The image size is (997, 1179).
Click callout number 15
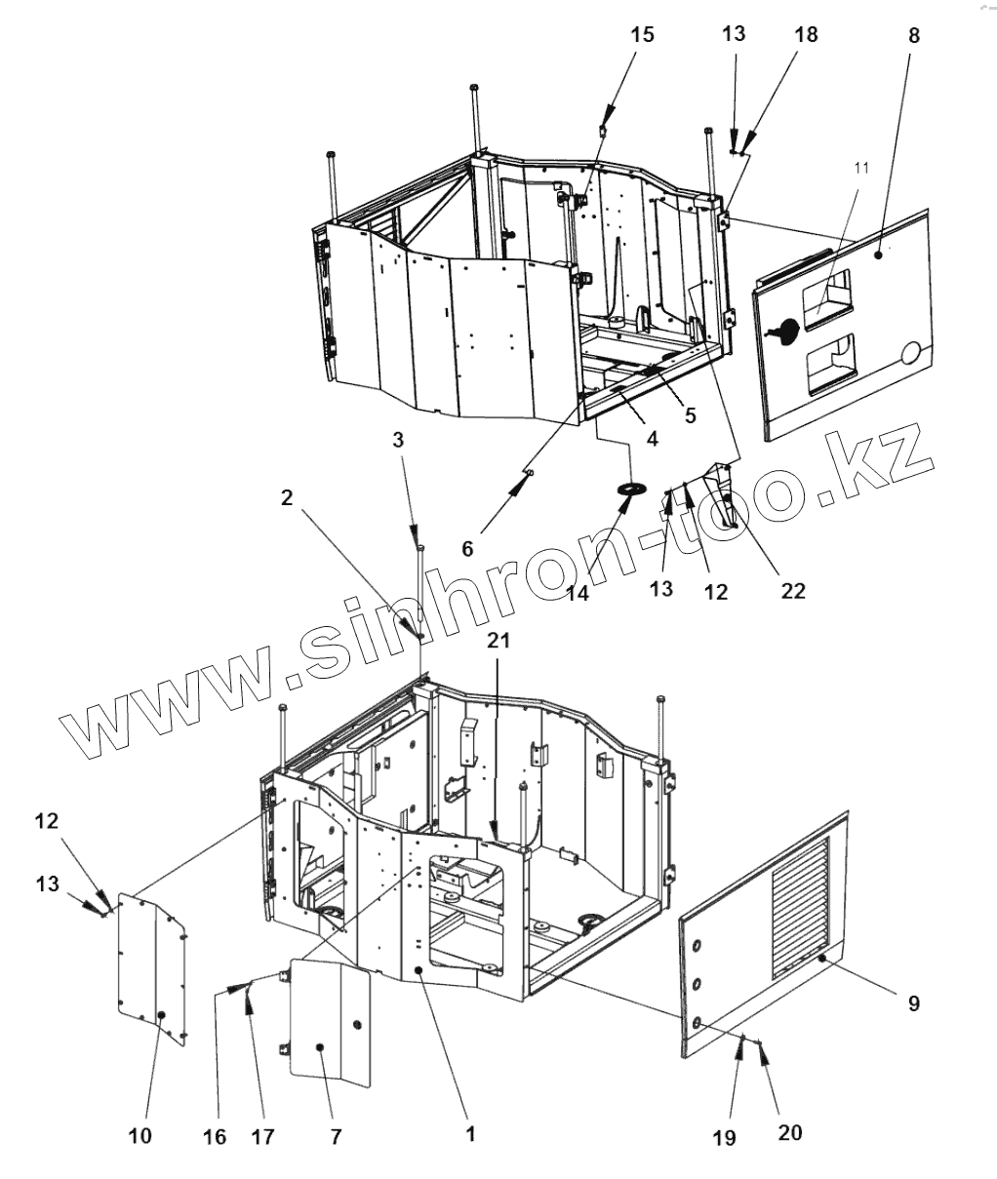click(642, 36)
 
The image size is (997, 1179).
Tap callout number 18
click(806, 35)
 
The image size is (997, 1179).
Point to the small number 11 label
click(860, 169)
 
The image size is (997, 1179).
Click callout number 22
click(793, 590)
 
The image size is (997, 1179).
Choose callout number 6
click(467, 549)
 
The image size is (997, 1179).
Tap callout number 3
click(397, 441)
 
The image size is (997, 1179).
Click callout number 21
click(498, 641)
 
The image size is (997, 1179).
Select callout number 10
click(140, 1136)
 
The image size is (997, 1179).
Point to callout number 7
click(335, 1136)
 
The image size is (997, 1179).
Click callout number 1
click(469, 1134)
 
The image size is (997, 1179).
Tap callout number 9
click(914, 1003)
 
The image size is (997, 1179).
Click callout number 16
click(214, 1136)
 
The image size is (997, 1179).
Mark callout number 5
click(690, 414)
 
